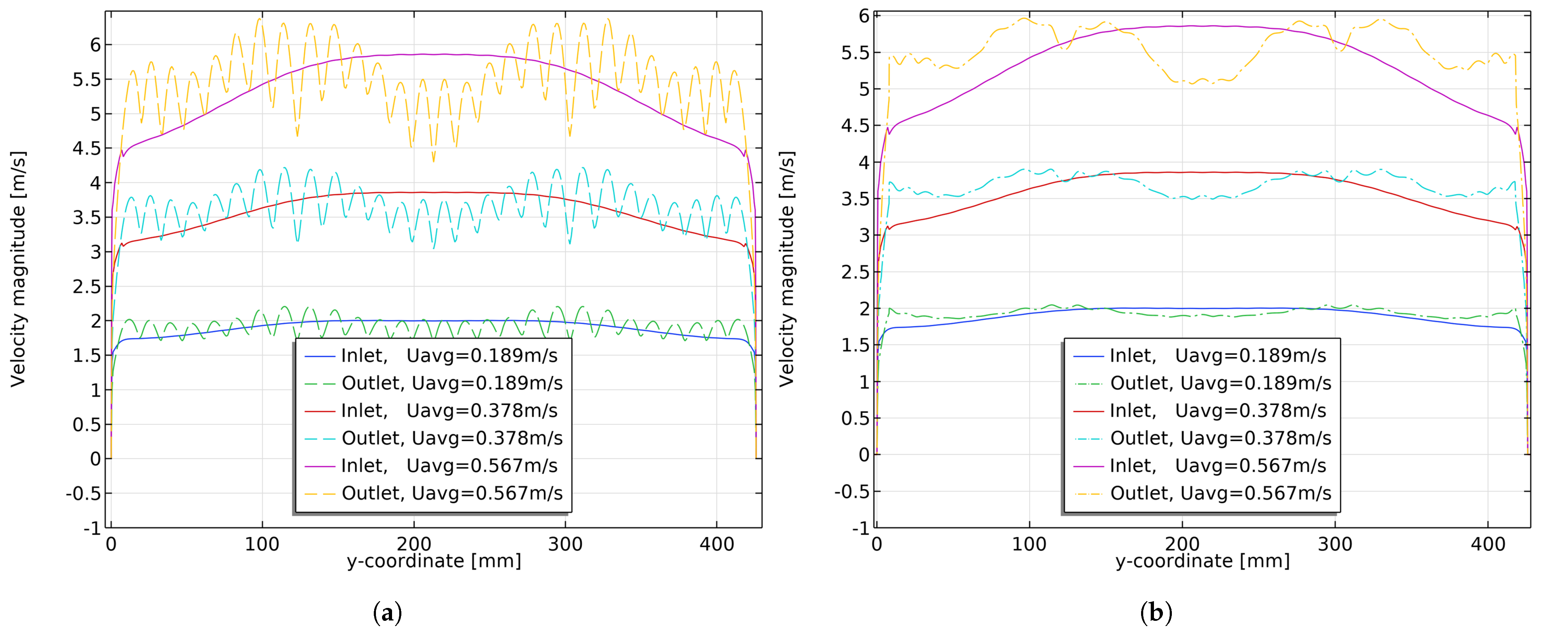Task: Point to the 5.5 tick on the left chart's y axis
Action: pos(87,79)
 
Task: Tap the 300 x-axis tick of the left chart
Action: pos(565,545)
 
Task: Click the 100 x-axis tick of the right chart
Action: pos(1029,545)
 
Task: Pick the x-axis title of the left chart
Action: pos(434,561)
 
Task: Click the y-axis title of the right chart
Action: pos(787,269)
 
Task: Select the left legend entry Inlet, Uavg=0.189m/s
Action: pos(449,356)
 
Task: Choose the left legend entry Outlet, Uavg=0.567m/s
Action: pos(451,494)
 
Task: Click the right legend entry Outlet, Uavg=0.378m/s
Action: pos(1220,439)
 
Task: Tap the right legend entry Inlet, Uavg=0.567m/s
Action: pos(1217,466)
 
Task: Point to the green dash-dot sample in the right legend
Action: pos(1088,383)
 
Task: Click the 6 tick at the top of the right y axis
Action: pos(864,16)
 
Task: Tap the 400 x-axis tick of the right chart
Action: pos(1488,545)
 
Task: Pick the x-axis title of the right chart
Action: pos(1202,561)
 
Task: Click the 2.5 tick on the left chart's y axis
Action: pos(87,286)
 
